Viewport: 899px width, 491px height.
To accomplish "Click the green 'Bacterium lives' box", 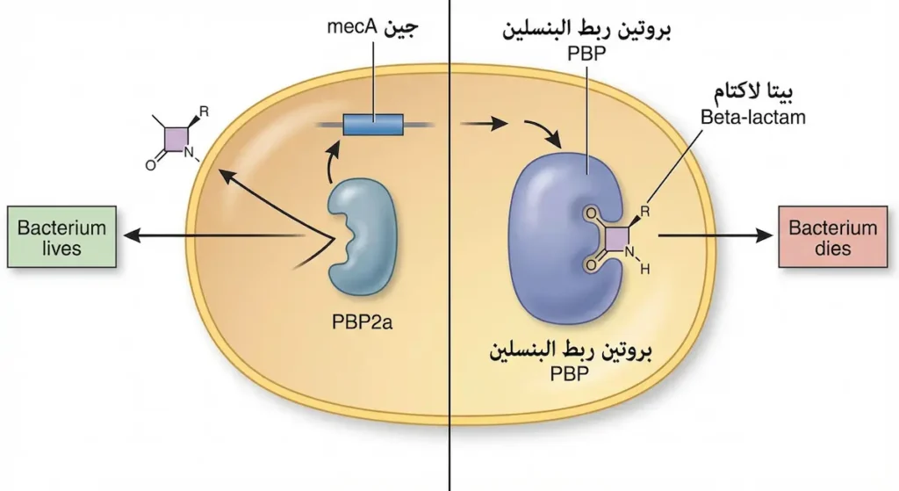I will [x=61, y=237].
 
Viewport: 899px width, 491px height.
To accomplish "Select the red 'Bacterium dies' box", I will [x=832, y=237].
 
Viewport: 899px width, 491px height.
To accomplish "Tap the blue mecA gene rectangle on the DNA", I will [x=373, y=125].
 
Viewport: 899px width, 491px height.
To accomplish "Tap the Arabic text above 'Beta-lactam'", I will [x=752, y=91].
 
